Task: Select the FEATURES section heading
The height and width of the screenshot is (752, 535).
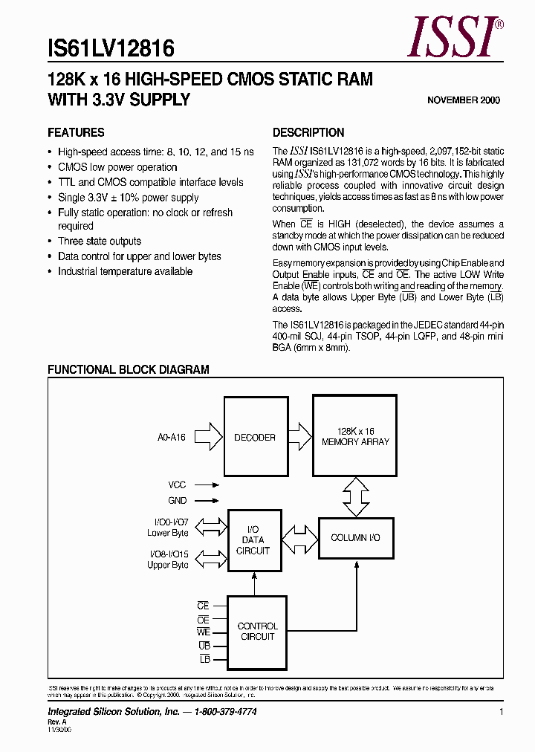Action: click(76, 133)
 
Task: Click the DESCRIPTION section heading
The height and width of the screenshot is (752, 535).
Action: click(308, 133)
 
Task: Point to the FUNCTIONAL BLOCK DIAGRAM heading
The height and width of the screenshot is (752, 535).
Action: click(129, 369)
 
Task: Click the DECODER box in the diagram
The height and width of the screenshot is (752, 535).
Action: click(256, 437)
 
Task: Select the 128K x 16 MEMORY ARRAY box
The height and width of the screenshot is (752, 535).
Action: click(355, 435)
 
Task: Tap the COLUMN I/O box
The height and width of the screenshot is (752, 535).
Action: click(355, 537)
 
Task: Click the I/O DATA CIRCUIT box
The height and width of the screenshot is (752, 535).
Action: click(254, 540)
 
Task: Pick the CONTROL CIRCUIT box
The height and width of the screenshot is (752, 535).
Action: click(257, 632)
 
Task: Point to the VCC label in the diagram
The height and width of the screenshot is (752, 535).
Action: click(177, 484)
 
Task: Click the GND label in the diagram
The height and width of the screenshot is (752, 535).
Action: click(177, 501)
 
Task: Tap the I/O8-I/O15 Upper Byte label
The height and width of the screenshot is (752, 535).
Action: click(168, 560)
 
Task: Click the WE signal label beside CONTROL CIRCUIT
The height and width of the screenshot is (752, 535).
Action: click(204, 632)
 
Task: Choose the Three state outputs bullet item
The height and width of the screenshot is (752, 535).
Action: click(100, 242)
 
